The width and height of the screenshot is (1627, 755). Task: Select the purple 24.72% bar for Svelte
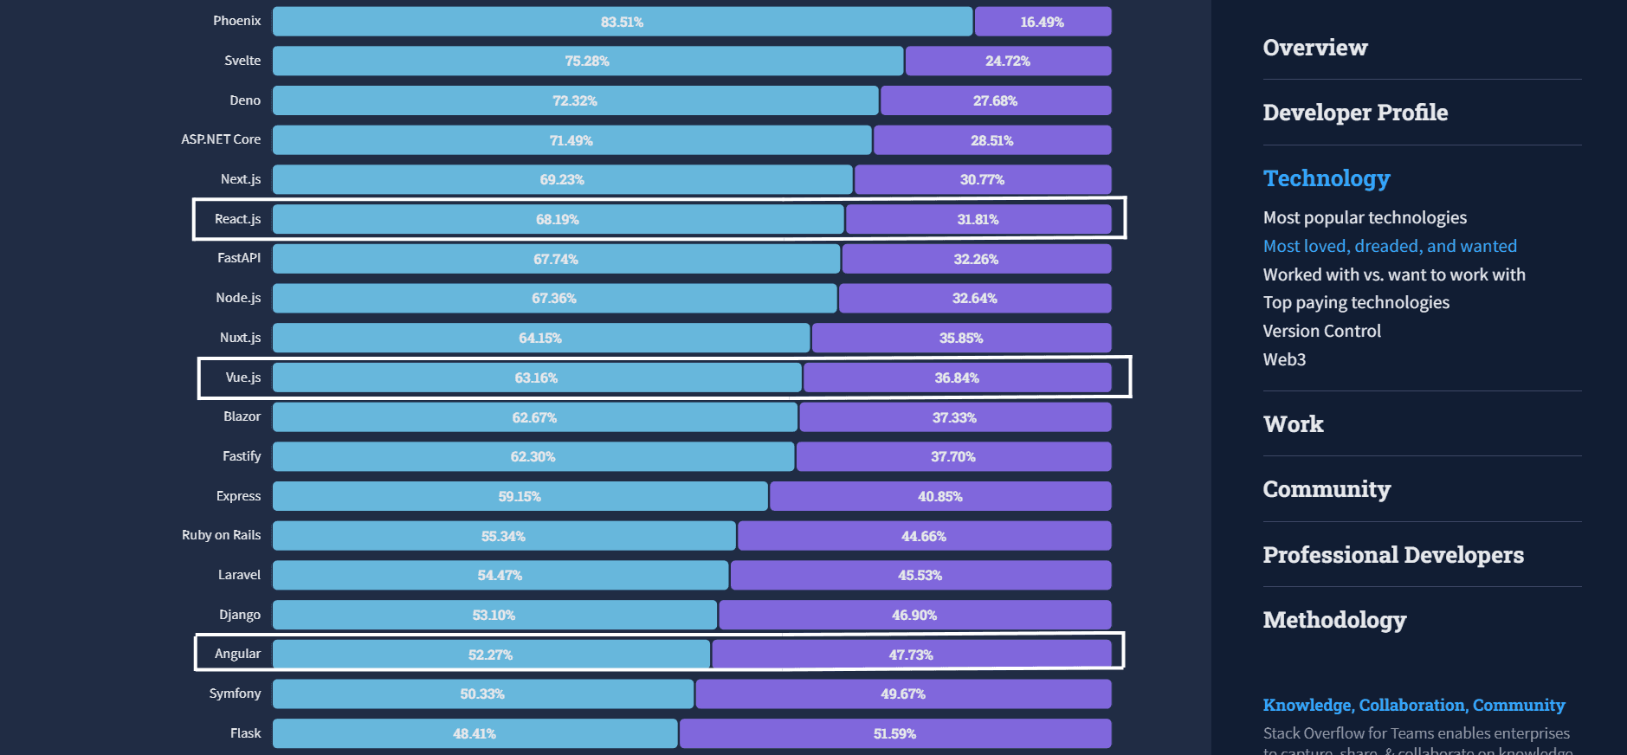pyautogui.click(x=1008, y=61)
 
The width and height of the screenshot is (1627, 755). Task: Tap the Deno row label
pyautogui.click(x=245, y=100)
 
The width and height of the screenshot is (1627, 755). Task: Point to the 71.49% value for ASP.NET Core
pyautogui.click(x=571, y=140)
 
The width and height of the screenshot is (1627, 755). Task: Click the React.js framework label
pyautogui.click(x=237, y=219)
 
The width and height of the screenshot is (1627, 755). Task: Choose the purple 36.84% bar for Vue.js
pyautogui.click(x=957, y=377)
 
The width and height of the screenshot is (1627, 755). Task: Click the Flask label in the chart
pyautogui.click(x=245, y=733)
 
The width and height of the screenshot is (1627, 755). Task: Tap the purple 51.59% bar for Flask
pyautogui.click(x=894, y=733)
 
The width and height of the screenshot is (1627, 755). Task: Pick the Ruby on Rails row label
pyautogui.click(x=221, y=535)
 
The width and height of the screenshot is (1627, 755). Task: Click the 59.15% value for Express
pyautogui.click(x=520, y=496)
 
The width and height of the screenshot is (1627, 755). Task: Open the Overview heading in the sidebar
pyautogui.click(x=1314, y=48)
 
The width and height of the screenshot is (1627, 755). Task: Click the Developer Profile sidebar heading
pyautogui.click(x=1355, y=113)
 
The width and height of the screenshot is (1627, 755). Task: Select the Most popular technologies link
pyautogui.click(x=1365, y=217)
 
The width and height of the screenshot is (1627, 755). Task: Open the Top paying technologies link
pyautogui.click(x=1356, y=302)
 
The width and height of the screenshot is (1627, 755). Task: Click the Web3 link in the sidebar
pyautogui.click(x=1284, y=359)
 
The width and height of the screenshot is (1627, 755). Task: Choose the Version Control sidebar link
pyautogui.click(x=1321, y=331)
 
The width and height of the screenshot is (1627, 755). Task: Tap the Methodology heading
pyautogui.click(x=1334, y=620)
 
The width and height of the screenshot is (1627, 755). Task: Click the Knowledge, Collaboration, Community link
pyautogui.click(x=1413, y=705)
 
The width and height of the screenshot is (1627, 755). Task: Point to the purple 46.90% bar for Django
pyautogui.click(x=914, y=615)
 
